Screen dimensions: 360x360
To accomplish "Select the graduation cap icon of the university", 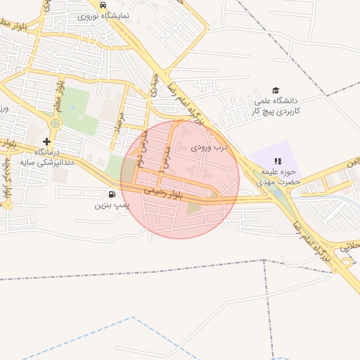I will coord(276,91).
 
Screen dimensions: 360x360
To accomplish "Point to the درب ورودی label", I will coord(210,148).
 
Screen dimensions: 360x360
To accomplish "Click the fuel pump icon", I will coord(112,195).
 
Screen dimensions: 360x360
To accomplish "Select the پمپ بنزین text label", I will coord(112,206).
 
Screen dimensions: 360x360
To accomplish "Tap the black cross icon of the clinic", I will coord(46,141).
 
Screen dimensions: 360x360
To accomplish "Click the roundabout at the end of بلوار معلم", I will coord(54,124).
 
